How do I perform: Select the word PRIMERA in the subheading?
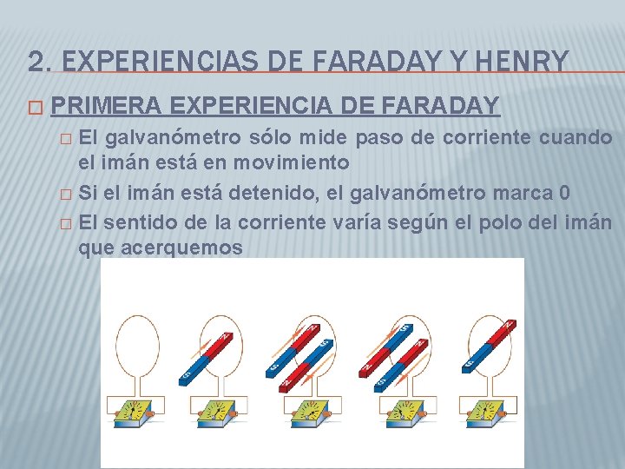[x=106, y=106]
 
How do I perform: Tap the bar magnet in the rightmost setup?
[x=490, y=347]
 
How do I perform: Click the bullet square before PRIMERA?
[x=34, y=108]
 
